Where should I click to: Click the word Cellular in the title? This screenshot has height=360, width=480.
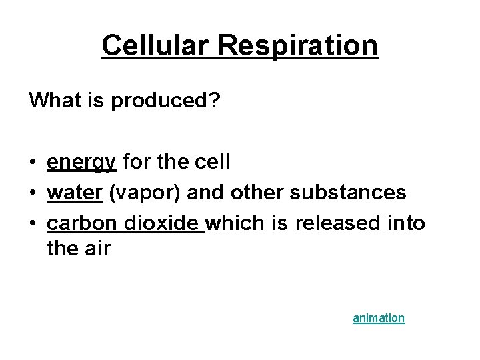pos(158,46)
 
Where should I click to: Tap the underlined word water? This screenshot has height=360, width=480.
pos(74,192)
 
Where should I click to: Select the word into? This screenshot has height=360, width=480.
pos(406,222)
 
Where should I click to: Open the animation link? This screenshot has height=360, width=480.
pos(378,318)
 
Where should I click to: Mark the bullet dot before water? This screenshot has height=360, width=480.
pos(33,193)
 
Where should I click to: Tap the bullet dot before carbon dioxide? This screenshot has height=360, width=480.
pos(33,223)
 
